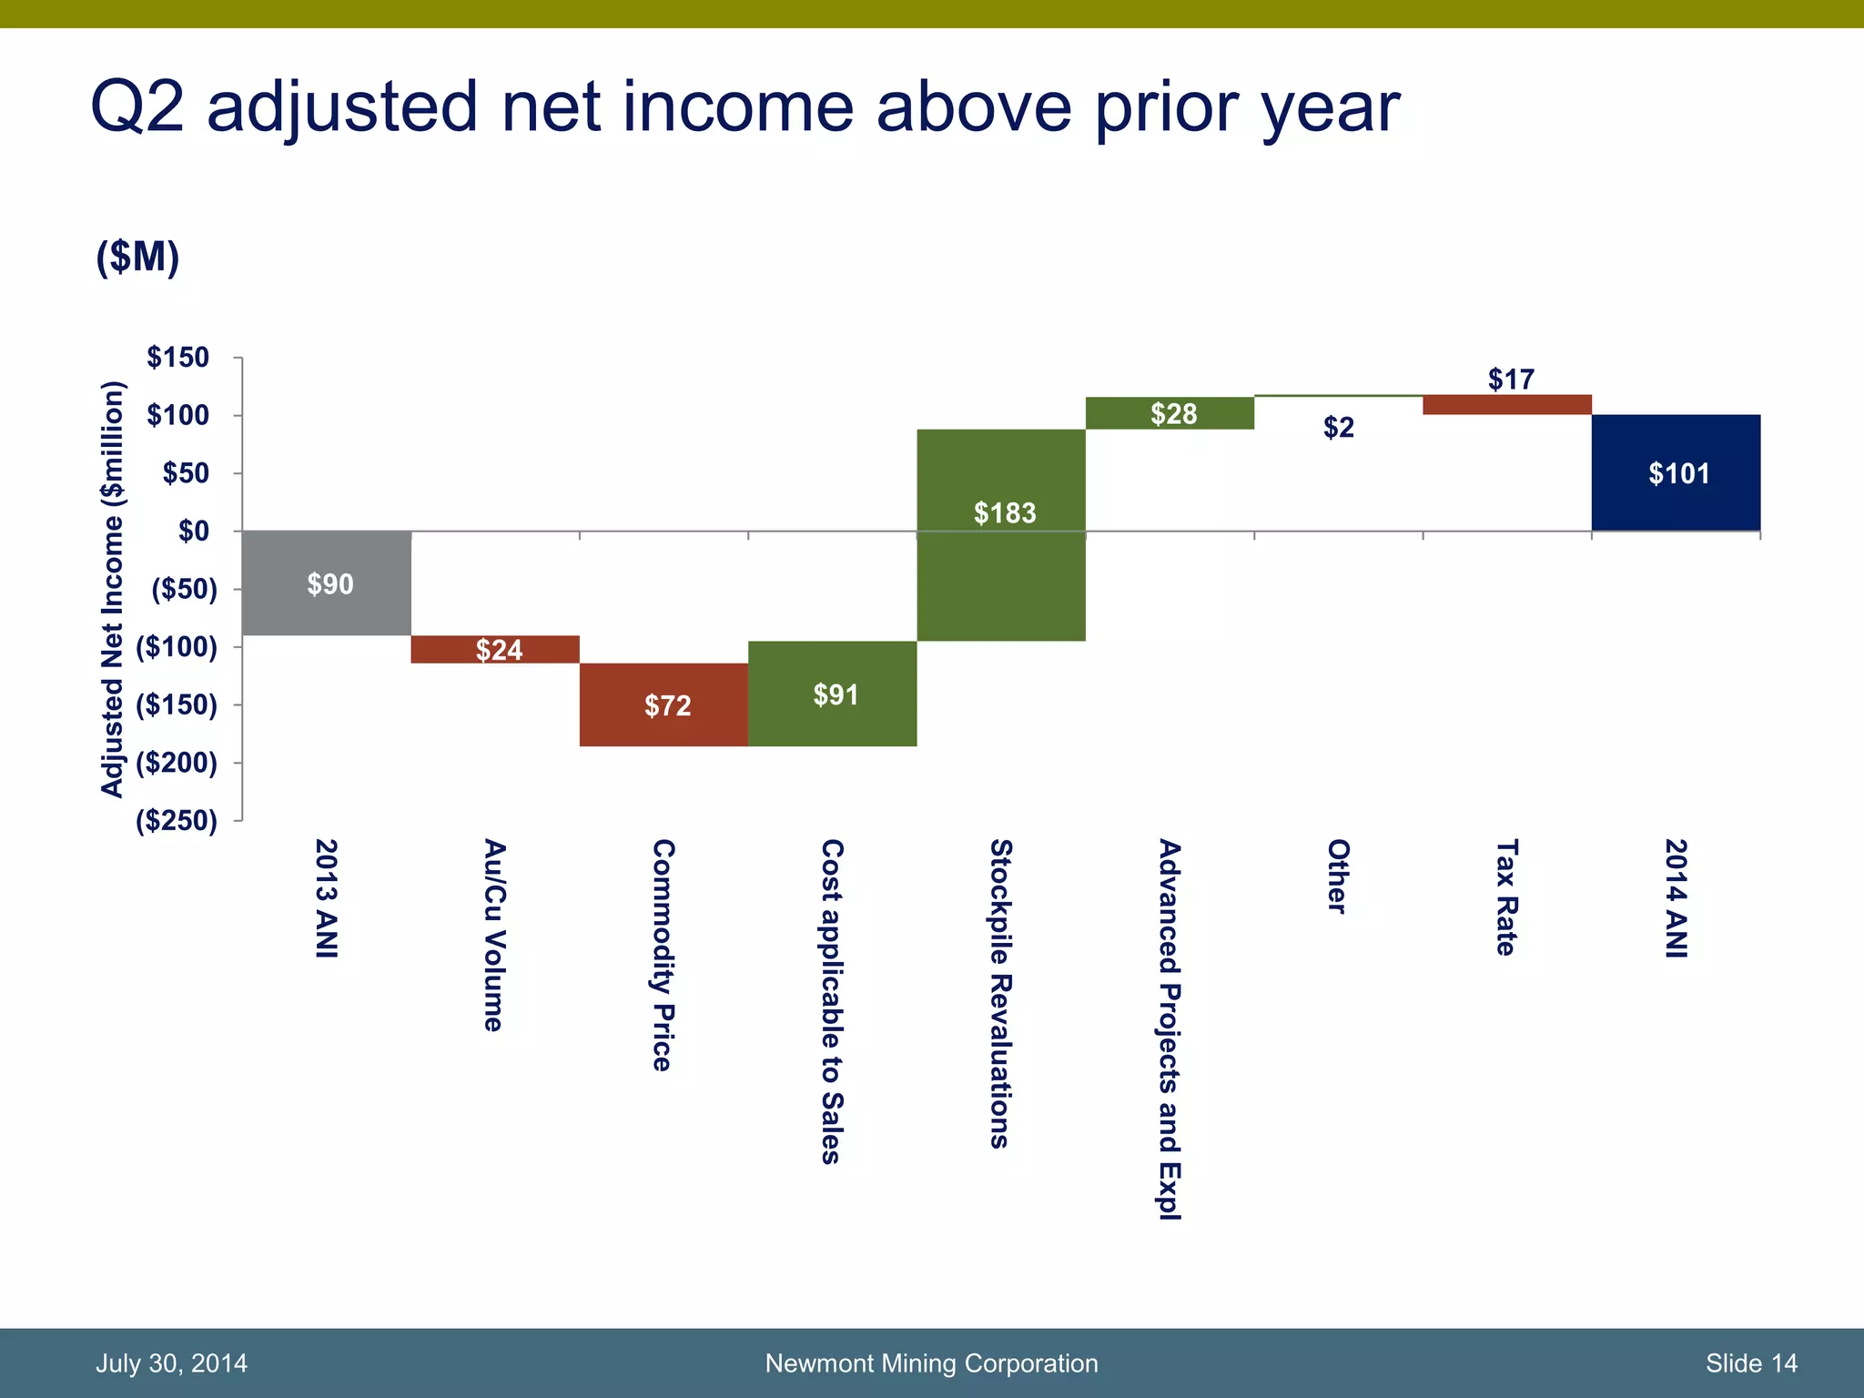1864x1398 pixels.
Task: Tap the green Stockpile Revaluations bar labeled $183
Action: pyautogui.click(x=1001, y=564)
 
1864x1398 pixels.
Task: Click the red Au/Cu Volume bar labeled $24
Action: pyautogui.click(x=495, y=649)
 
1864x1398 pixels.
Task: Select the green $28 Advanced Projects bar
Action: pyautogui.click(x=1170, y=413)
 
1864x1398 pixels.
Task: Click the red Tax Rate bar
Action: pyautogui.click(x=1506, y=405)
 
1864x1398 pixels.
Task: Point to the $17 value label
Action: pyautogui.click(x=1511, y=379)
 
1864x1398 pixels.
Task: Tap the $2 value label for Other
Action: pyautogui.click(x=1338, y=427)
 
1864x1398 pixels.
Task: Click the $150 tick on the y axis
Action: pyautogui.click(x=178, y=358)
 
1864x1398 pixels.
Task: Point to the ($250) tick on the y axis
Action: pyautogui.click(x=177, y=821)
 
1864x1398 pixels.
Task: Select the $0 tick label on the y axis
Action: pyautogui.click(x=193, y=531)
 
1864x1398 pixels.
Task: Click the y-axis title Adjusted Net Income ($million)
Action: pyautogui.click(x=111, y=589)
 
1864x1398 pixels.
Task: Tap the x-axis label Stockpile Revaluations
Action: pyautogui.click(x=1000, y=993)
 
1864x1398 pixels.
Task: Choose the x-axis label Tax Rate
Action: pyautogui.click(x=1506, y=897)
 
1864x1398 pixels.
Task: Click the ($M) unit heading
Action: pyautogui.click(x=137, y=258)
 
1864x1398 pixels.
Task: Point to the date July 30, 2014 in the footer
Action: pyautogui.click(x=171, y=1363)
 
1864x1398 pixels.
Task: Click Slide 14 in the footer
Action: pyautogui.click(x=1751, y=1363)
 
